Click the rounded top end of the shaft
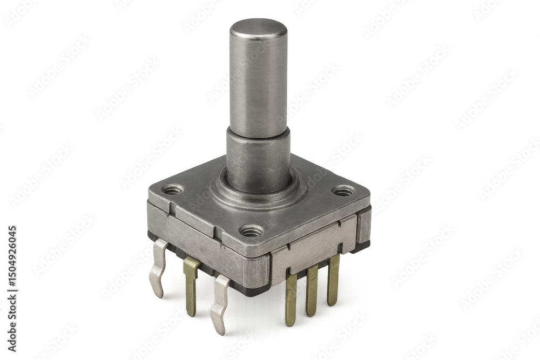tap(258, 28)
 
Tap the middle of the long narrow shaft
tap(258, 81)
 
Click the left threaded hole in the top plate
tap(173, 189)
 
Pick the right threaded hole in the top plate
tap(343, 191)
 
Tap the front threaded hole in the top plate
tap(251, 231)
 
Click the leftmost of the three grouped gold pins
tap(292, 300)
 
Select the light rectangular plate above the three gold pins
tap(313, 248)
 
